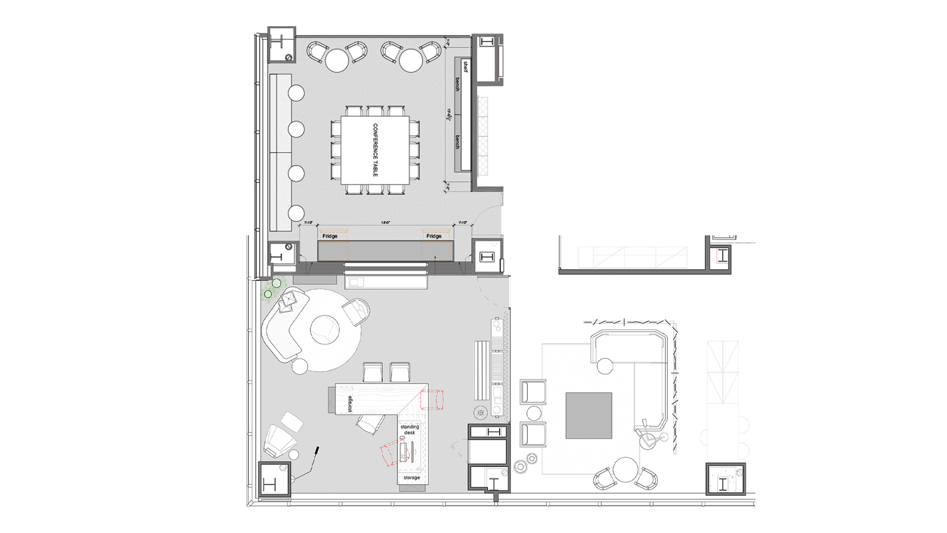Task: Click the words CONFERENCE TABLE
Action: tap(375, 150)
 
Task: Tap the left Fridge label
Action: tap(330, 236)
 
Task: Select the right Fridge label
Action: tap(434, 236)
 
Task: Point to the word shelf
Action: tap(465, 67)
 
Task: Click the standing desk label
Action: tap(410, 429)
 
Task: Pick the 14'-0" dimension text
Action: tap(386, 223)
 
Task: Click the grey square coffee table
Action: tap(588, 416)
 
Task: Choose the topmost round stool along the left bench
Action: tap(296, 93)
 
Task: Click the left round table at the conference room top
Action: tap(337, 61)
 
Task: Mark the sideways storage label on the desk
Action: tap(350, 403)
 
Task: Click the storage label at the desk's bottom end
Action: tap(412, 478)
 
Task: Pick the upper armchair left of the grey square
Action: tap(533, 392)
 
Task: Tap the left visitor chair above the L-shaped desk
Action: tap(372, 372)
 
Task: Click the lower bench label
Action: tap(457, 142)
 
